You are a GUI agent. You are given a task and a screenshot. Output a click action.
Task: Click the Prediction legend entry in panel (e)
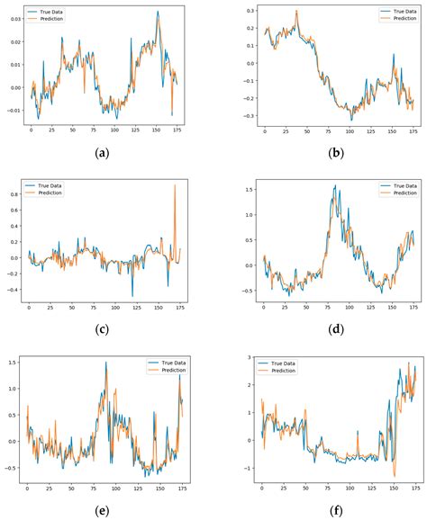coord(168,368)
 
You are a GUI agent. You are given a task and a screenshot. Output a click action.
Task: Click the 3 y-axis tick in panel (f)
coord(250,358)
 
